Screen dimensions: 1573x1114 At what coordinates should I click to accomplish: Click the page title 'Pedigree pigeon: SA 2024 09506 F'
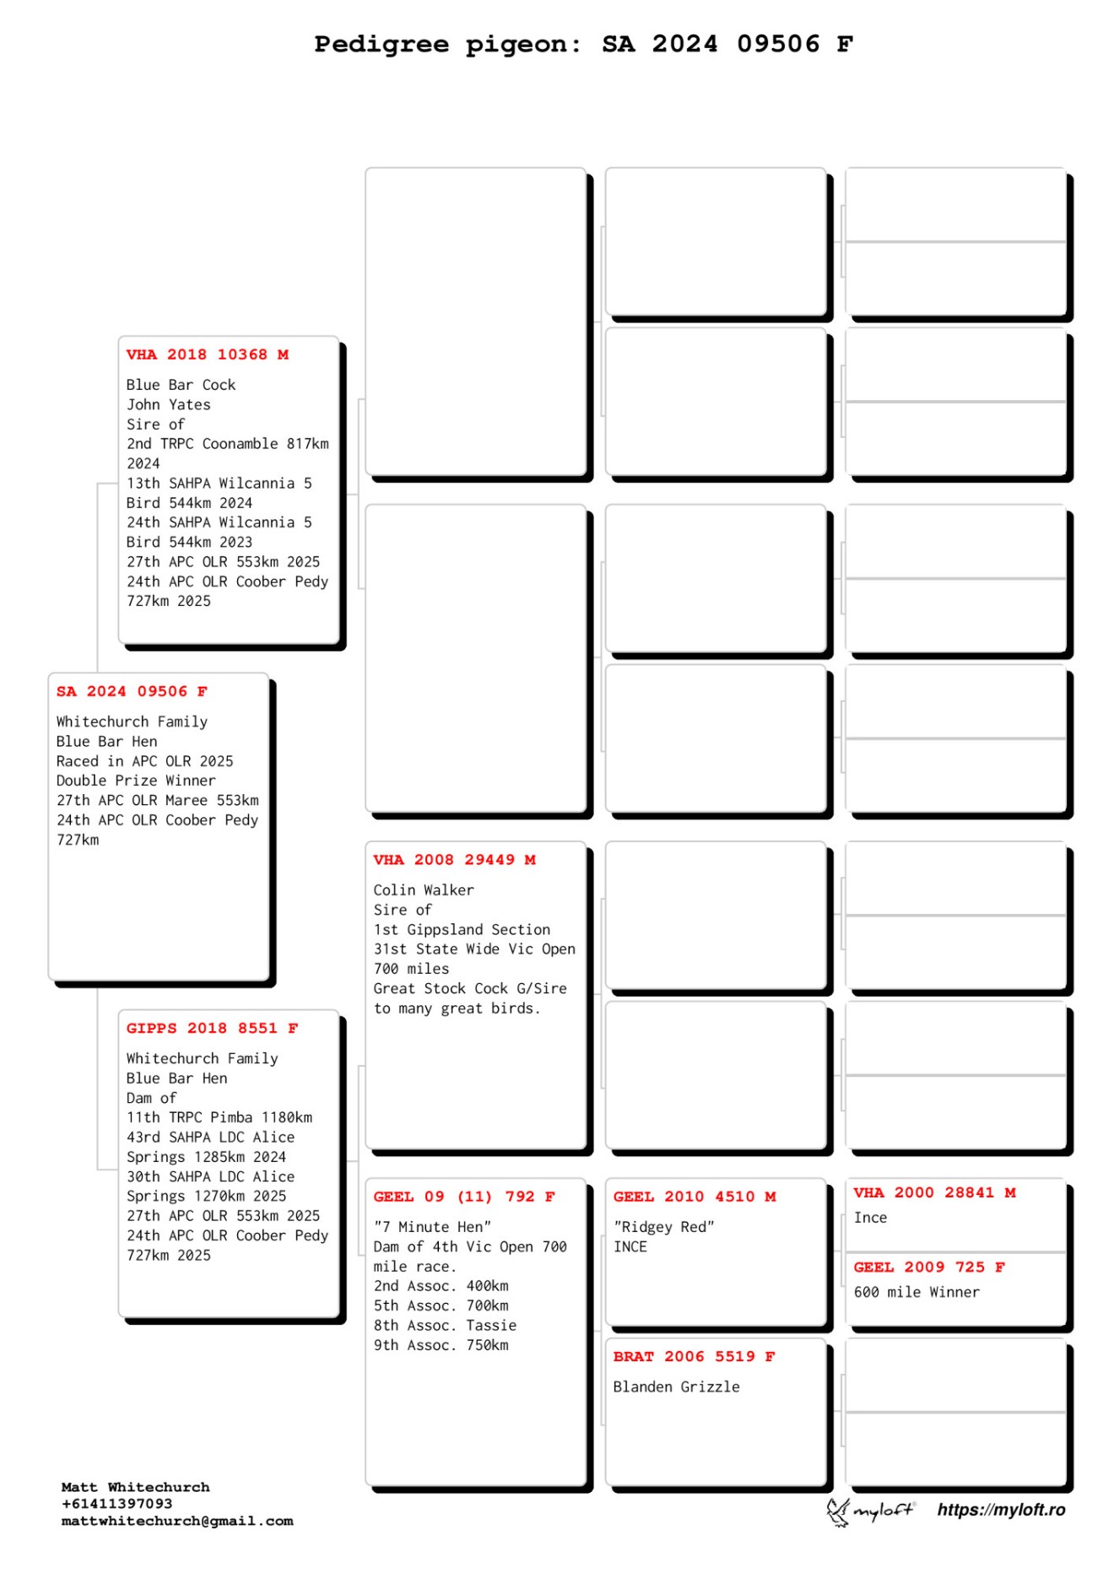(583, 44)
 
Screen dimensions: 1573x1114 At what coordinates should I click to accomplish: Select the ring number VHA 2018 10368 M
(208, 354)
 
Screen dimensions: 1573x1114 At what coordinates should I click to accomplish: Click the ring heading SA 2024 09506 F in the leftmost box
(132, 691)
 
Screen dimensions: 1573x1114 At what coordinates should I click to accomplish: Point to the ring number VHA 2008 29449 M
(454, 859)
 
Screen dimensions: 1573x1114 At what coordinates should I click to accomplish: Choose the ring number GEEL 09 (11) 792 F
(463, 1196)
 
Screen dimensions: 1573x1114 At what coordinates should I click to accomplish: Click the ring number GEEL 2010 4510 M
(694, 1196)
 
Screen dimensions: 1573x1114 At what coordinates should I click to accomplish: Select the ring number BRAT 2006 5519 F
(693, 1356)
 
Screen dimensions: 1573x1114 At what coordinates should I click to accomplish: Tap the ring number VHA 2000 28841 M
(934, 1192)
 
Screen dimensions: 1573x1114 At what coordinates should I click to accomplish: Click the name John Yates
(169, 404)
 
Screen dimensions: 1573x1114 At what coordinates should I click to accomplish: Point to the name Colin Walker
(424, 889)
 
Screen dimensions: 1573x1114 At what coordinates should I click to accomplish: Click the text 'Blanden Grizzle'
(676, 1387)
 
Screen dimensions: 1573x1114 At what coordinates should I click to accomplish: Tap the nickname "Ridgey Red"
(663, 1226)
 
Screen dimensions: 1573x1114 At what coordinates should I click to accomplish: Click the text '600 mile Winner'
(917, 1292)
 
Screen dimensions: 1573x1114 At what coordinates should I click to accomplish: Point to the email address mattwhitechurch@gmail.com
(177, 1521)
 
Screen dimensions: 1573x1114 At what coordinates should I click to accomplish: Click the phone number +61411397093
(116, 1504)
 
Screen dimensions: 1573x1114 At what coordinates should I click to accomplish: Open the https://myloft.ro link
(1001, 1510)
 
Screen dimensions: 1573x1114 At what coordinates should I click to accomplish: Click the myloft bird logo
(838, 1511)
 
